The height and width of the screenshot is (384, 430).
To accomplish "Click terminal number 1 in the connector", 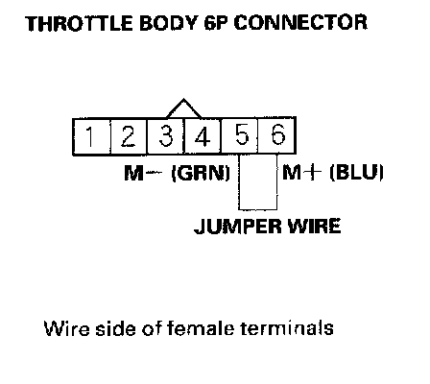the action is pyautogui.click(x=92, y=136).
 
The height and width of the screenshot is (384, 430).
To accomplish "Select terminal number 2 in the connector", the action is pyautogui.click(x=129, y=136).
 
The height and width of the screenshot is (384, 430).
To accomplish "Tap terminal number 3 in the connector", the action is pyautogui.click(x=166, y=136).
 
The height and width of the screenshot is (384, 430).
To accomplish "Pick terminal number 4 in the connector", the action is pyautogui.click(x=203, y=136).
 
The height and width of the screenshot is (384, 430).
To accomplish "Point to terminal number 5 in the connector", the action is pyautogui.click(x=240, y=136).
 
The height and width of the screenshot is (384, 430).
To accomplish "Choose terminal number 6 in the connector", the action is pyautogui.click(x=276, y=136).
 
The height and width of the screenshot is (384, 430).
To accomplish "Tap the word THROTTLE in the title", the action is pyautogui.click(x=79, y=23).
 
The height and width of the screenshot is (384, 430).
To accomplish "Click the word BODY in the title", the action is pyautogui.click(x=168, y=23).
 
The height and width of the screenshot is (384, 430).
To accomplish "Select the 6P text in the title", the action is pyautogui.click(x=217, y=23).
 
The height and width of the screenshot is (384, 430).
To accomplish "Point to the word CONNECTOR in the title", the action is pyautogui.click(x=300, y=23).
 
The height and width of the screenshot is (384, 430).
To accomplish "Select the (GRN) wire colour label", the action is pyautogui.click(x=201, y=173).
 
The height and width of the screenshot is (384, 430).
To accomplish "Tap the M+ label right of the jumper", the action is pyautogui.click(x=301, y=173).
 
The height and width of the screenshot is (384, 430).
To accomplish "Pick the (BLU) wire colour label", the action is pyautogui.click(x=356, y=173).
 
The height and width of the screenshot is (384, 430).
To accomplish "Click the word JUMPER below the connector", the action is pyautogui.click(x=239, y=227).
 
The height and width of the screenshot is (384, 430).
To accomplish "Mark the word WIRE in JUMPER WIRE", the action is pyautogui.click(x=314, y=226).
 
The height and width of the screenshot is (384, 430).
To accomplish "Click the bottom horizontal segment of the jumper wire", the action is pyautogui.click(x=258, y=209).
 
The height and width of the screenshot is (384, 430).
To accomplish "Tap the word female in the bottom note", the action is pyautogui.click(x=201, y=327).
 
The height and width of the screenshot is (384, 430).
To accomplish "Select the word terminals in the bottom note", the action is pyautogui.click(x=287, y=327).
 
